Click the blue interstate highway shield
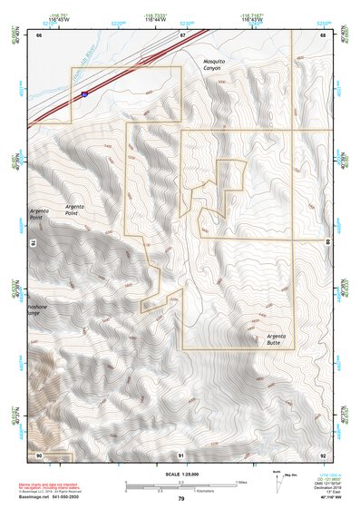click(x=83, y=93)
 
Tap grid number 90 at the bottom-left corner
click(x=39, y=454)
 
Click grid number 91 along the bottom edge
click(x=181, y=454)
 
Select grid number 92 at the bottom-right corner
click(x=323, y=454)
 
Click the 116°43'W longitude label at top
click(x=251, y=18)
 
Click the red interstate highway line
click(x=136, y=67)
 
